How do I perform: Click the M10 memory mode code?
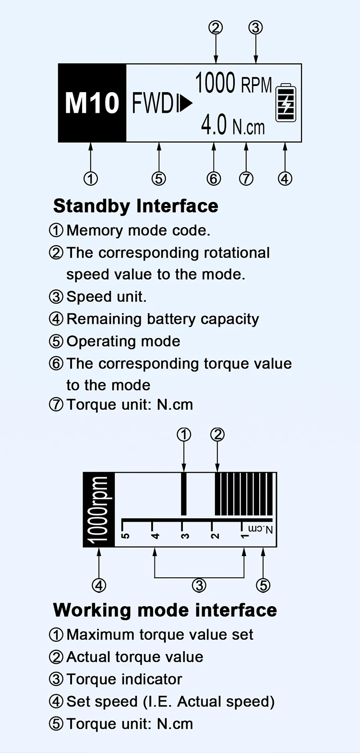(92, 103)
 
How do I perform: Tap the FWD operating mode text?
(153, 103)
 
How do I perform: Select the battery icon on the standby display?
(286, 102)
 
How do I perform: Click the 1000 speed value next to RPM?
(215, 83)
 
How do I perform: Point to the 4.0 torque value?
(214, 125)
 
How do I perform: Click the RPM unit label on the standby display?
(256, 85)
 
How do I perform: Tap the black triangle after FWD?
(186, 104)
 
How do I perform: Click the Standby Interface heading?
(136, 206)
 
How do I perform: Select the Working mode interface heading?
(165, 610)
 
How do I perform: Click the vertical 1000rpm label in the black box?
(99, 510)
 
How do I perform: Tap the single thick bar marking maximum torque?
(183, 494)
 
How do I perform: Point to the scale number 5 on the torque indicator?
(125, 536)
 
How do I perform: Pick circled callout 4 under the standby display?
(285, 179)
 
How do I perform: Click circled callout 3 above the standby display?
(255, 27)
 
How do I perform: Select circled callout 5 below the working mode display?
(263, 585)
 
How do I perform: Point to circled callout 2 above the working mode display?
(217, 435)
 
